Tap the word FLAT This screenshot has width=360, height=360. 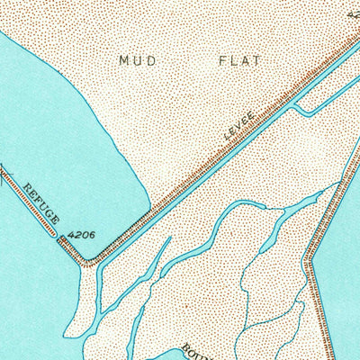(x=238, y=60)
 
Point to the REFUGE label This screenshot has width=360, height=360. (x=41, y=203)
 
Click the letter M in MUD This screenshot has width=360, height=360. (x=124, y=60)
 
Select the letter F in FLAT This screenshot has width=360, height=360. (x=220, y=60)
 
